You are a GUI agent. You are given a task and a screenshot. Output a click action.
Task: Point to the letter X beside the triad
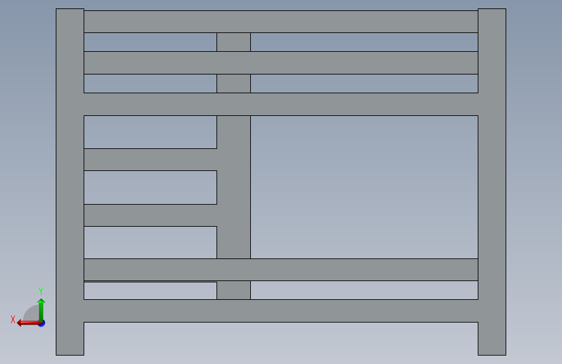tap(13, 319)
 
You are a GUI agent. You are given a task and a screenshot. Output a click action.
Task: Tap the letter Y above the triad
tap(41, 291)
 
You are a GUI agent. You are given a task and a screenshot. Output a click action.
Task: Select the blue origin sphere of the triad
tap(41, 323)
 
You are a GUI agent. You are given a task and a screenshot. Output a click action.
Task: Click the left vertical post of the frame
tap(70, 181)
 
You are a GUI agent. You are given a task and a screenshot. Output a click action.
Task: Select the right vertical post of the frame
tap(491, 181)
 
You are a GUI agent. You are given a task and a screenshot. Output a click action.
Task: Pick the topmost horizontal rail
tap(281, 21)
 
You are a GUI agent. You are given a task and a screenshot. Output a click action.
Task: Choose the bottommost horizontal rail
tap(281, 311)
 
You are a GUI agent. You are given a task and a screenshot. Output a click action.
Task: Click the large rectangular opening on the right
tap(364, 187)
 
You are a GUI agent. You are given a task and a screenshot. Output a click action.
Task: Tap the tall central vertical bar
tap(233, 187)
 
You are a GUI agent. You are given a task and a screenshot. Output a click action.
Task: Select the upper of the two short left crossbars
tap(150, 159)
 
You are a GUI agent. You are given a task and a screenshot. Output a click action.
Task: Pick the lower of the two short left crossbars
tap(150, 215)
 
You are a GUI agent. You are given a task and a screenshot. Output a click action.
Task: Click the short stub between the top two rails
tap(233, 42)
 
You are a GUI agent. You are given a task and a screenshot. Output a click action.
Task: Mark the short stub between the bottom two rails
tap(233, 290)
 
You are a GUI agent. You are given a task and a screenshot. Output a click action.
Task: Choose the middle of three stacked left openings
tap(150, 187)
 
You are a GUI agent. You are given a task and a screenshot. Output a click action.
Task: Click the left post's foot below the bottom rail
tap(70, 339)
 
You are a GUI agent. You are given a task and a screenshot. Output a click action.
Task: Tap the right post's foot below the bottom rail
tap(491, 339)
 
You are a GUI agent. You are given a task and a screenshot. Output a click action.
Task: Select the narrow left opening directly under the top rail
tap(150, 42)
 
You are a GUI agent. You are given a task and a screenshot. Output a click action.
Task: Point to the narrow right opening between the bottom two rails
tap(364, 290)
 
